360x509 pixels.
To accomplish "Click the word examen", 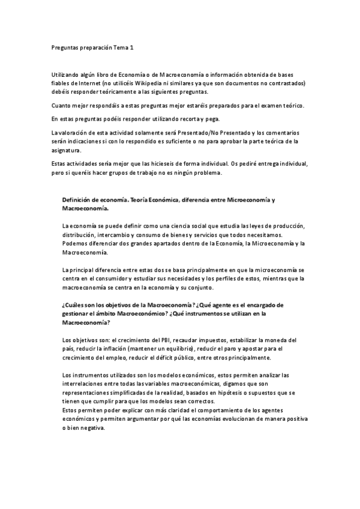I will [256, 106].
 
